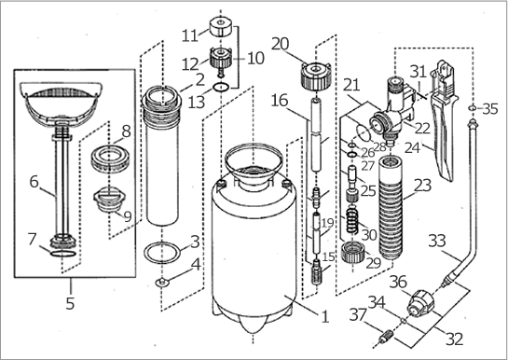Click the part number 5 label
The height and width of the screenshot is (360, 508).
[x=70, y=303]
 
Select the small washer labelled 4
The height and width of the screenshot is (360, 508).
[x=162, y=283]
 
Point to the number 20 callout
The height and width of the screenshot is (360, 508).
[x=281, y=44]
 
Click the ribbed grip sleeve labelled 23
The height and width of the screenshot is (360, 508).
[x=392, y=207]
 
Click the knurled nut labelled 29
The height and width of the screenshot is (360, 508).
[x=352, y=252]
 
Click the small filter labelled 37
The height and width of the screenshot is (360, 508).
[x=386, y=339]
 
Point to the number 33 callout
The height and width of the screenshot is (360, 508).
[x=437, y=241]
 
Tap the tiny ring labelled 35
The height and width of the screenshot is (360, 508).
[x=472, y=107]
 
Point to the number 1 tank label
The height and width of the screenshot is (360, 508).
[x=325, y=316]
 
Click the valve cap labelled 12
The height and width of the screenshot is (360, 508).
[x=220, y=60]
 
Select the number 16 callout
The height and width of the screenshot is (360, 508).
[x=280, y=101]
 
